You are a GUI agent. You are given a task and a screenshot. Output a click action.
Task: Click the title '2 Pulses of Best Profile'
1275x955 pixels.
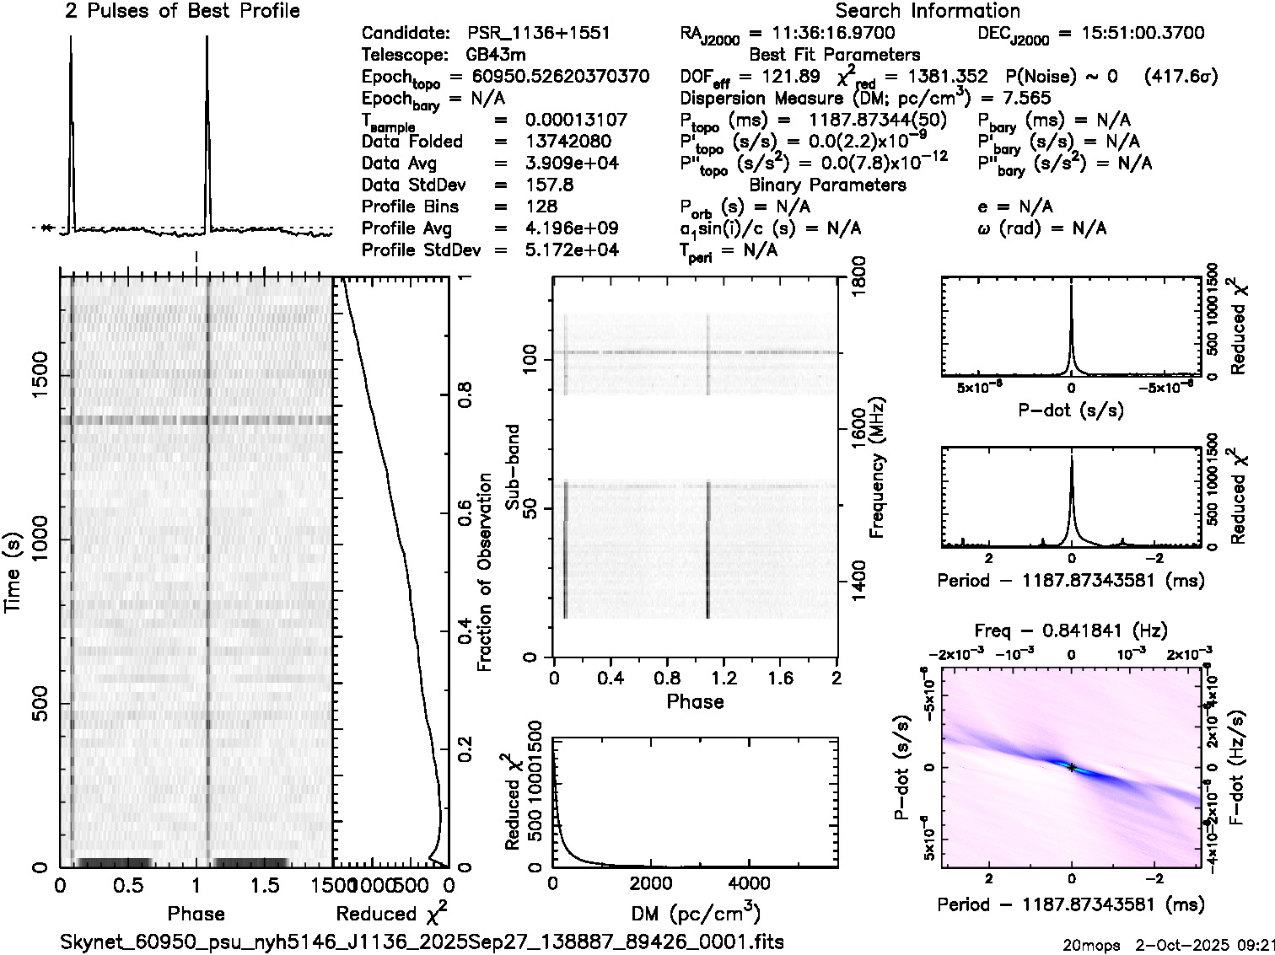point(182,11)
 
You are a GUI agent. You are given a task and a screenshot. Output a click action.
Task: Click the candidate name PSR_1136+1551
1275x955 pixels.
point(539,34)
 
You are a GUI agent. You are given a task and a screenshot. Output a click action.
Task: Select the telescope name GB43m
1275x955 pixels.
point(498,56)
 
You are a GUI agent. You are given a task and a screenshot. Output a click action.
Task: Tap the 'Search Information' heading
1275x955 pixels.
point(928,11)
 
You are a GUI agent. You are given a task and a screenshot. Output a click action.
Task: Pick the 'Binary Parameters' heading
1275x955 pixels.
point(828,185)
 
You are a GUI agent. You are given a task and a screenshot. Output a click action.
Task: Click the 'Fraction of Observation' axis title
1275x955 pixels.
point(484,572)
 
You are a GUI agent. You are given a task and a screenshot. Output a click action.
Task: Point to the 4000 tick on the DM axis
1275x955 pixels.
point(748,883)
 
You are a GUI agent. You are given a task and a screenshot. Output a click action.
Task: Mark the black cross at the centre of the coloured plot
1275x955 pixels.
point(1071,767)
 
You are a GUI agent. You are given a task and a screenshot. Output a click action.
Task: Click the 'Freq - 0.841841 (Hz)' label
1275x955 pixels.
point(1071,630)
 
